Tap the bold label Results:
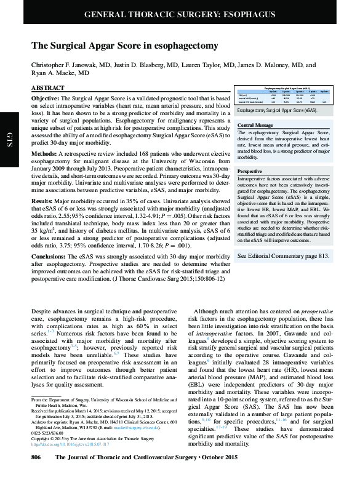pos(43,201)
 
